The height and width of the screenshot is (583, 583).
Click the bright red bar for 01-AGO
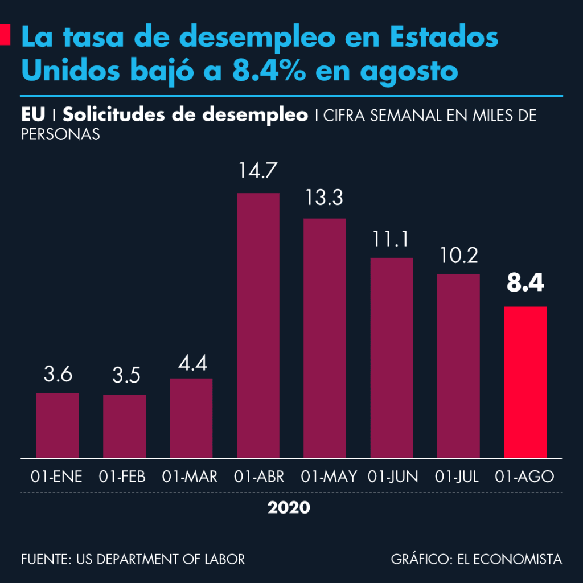tap(525, 381)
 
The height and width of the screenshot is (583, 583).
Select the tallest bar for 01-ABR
tap(258, 325)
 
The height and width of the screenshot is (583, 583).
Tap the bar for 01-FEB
tap(124, 426)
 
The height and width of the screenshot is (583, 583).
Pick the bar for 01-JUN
tap(391, 358)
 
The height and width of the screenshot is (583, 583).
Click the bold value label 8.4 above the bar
tap(525, 284)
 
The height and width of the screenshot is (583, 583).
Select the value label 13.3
tap(325, 198)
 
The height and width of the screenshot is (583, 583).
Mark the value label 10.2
tap(458, 254)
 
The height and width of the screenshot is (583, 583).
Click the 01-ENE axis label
tap(57, 477)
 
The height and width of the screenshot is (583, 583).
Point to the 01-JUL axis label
tap(459, 477)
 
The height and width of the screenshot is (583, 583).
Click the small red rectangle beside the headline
tap(5, 35)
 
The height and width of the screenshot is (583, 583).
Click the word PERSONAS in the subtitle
tap(60, 134)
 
